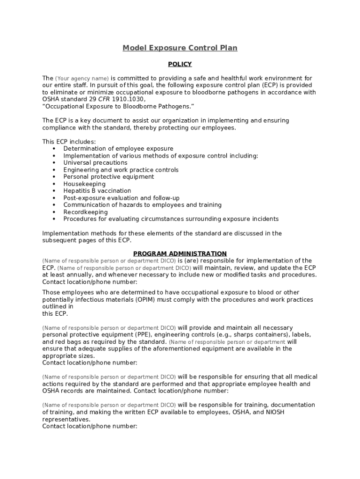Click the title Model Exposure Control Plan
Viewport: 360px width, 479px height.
(180, 48)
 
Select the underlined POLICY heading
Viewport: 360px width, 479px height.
(180, 64)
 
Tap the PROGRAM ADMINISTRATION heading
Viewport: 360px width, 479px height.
(180, 254)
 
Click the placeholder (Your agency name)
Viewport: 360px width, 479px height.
(82, 79)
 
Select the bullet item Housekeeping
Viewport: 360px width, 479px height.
(84, 184)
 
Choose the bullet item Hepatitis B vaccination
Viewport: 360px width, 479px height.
(97, 191)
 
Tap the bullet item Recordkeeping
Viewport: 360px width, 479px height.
(86, 212)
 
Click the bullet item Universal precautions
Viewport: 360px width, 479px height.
(95, 163)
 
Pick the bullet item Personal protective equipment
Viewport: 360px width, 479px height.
(108, 177)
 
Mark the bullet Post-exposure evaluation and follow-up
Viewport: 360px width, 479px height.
(121, 198)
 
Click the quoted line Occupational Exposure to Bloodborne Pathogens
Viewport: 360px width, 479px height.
(118, 106)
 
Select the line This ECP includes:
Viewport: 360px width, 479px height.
(69, 142)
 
